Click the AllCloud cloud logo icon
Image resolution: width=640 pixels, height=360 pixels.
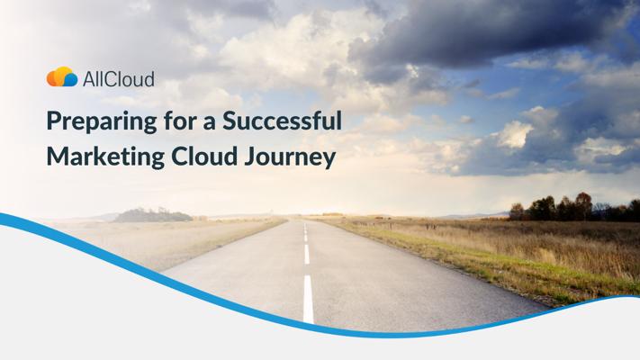point(62,76)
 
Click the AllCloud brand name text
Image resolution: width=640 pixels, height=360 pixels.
point(118,79)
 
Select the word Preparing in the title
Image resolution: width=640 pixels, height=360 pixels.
point(102,122)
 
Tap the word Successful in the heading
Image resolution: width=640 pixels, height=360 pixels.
point(282,121)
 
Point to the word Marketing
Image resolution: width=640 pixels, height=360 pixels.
point(105,157)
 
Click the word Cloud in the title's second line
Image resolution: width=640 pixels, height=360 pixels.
point(204,157)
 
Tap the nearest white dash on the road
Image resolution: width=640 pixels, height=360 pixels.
point(308,299)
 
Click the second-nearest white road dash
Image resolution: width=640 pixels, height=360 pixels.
point(307,255)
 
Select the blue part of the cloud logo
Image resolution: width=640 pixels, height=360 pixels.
point(70,79)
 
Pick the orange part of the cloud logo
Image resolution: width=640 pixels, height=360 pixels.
point(53,78)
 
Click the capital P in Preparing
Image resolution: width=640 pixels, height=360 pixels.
point(54,121)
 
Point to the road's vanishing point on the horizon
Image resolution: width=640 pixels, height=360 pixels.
point(303,220)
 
